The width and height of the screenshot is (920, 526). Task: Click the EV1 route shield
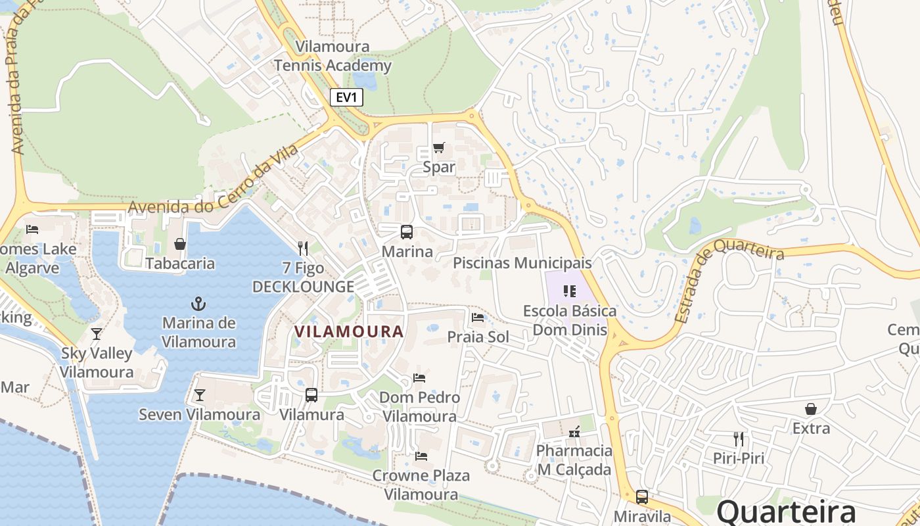pyautogui.click(x=346, y=98)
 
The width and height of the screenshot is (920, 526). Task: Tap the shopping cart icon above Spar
pyautogui.click(x=439, y=147)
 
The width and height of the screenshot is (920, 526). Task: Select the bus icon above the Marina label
pyautogui.click(x=407, y=232)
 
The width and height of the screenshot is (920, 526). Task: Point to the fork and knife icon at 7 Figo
pyautogui.click(x=303, y=248)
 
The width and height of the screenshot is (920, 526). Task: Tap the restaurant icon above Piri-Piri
pyautogui.click(x=739, y=439)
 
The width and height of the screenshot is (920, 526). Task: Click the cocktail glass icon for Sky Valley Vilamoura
pyautogui.click(x=97, y=333)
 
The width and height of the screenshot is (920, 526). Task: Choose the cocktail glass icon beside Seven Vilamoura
pyautogui.click(x=200, y=395)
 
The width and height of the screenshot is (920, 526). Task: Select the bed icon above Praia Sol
pyautogui.click(x=478, y=318)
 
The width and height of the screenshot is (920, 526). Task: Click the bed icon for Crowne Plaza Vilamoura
pyautogui.click(x=421, y=456)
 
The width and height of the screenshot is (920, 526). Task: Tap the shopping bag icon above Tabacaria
pyautogui.click(x=180, y=244)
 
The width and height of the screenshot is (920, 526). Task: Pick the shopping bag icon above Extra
pyautogui.click(x=811, y=409)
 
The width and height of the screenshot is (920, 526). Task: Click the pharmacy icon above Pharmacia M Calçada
pyautogui.click(x=574, y=431)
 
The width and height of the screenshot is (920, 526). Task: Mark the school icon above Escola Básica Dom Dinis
pyautogui.click(x=570, y=291)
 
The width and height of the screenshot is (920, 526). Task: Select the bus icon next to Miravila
pyautogui.click(x=642, y=496)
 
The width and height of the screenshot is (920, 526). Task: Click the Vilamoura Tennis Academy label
pyautogui.click(x=333, y=56)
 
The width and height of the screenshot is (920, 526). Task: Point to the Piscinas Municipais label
pyautogui.click(x=522, y=263)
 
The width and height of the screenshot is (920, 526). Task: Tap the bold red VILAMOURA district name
pyautogui.click(x=349, y=331)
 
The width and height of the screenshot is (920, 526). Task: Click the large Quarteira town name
pyautogui.click(x=786, y=512)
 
